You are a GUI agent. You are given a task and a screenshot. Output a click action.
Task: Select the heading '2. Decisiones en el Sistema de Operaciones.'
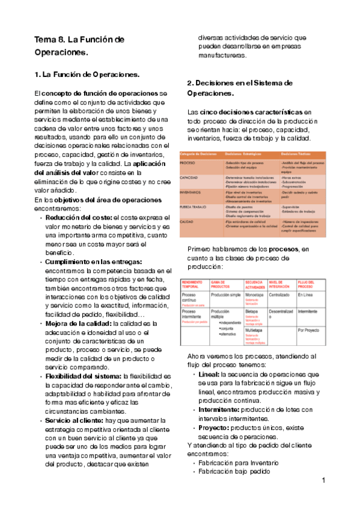coord(239,88)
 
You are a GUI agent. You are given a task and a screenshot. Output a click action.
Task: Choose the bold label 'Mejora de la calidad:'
coord(82,324)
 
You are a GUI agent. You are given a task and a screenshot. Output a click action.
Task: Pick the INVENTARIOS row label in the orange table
coord(192,192)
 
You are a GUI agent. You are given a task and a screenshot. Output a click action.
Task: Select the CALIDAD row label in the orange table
coord(188,221)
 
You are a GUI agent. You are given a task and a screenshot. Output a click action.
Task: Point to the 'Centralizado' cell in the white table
coord(284,295)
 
